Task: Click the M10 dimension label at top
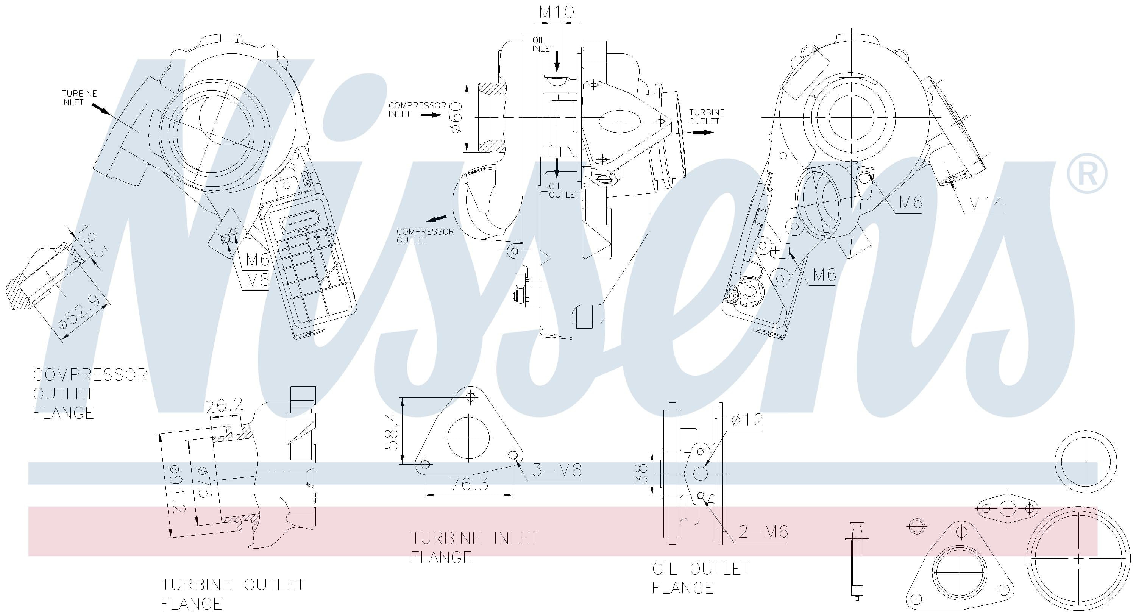pyautogui.click(x=557, y=12)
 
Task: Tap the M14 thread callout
pyautogui.click(x=986, y=203)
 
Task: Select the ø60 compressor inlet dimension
pyautogui.click(x=456, y=117)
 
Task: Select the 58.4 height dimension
pyautogui.click(x=392, y=431)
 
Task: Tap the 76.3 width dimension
pyautogui.click(x=469, y=484)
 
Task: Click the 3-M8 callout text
pyautogui.click(x=557, y=470)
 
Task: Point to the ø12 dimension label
pyautogui.click(x=747, y=420)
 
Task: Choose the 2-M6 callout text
pyautogui.click(x=763, y=532)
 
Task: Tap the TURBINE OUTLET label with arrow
pyautogui.click(x=707, y=117)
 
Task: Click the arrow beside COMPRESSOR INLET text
pyautogui.click(x=431, y=115)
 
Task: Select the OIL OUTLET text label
pyautogui.click(x=563, y=190)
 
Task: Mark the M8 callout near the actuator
pyautogui.click(x=257, y=279)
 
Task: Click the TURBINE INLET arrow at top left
pyautogui.click(x=101, y=109)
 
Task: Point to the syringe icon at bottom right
pyautogui.click(x=857, y=567)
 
